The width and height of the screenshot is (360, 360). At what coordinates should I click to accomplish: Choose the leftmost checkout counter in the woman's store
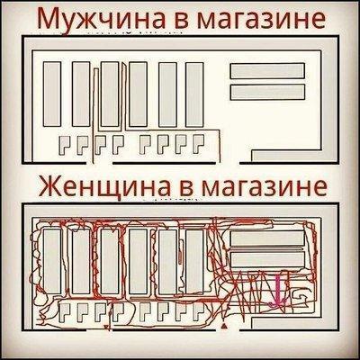point(59,310)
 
